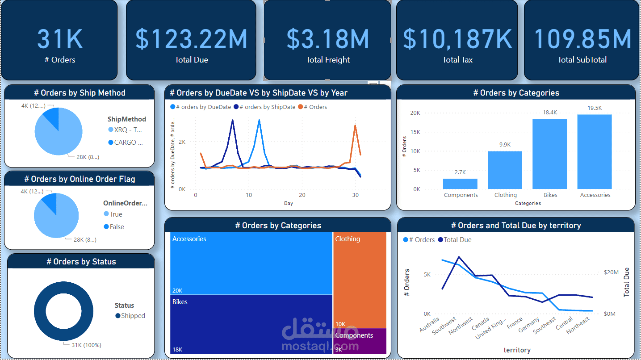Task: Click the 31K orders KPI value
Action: (x=60, y=39)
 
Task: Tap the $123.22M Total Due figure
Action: (x=191, y=39)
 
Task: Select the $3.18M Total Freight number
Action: (x=328, y=39)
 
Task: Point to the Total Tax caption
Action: (x=457, y=60)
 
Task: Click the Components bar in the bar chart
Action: (x=460, y=184)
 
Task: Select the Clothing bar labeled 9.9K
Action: (x=505, y=170)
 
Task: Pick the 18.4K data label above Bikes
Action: (x=550, y=113)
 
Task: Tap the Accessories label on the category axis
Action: (x=595, y=195)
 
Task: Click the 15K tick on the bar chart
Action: (x=415, y=132)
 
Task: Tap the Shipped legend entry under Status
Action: (x=133, y=316)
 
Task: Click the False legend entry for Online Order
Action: (x=117, y=227)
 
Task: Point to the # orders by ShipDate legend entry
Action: (x=267, y=107)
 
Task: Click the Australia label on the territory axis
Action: (x=429, y=325)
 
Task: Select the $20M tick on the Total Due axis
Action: (x=611, y=272)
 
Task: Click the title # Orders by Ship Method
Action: (x=80, y=93)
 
